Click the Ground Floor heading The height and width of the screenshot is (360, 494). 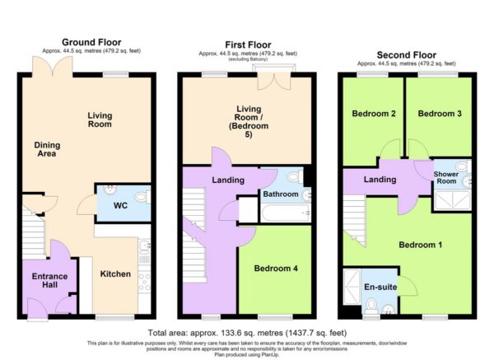coord(91,42)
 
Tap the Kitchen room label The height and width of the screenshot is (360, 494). coord(115,274)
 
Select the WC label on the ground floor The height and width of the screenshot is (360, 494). coord(121,206)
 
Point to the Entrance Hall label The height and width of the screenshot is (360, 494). coord(49,281)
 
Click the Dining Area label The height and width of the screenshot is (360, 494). coord(47,149)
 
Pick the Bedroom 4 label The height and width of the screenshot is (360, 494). coord(276,269)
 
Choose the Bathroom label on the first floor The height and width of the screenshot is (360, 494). coord(281,194)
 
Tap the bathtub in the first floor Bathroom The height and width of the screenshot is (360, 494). coord(286,213)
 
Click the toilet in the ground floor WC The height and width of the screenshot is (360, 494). coord(142,197)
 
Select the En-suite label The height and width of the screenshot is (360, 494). coord(380,287)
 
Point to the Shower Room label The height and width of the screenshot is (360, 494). coord(446,177)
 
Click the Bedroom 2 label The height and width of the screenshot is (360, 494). coord(374,114)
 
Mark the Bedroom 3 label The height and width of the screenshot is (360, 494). coord(440,114)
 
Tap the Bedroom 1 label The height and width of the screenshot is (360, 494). coord(420,245)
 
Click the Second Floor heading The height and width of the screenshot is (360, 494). coord(407,55)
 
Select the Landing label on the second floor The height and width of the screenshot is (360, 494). coord(380,180)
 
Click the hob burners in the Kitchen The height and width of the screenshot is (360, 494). coord(145,282)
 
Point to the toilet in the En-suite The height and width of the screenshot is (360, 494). coord(371,306)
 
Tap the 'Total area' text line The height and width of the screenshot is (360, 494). coord(247,333)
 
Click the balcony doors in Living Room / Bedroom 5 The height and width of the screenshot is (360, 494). coord(274,82)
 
